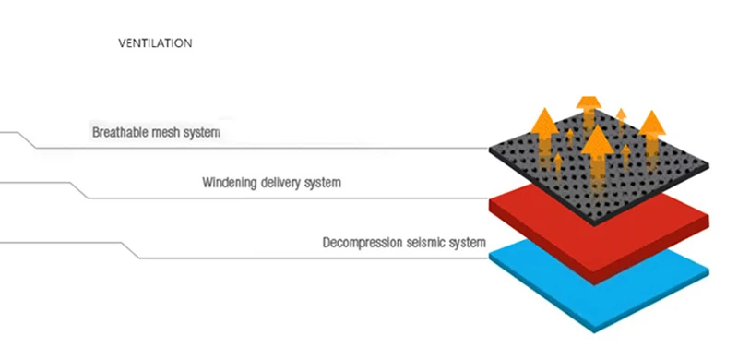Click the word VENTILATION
click(155, 43)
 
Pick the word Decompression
click(362, 243)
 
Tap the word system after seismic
click(468, 243)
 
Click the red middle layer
click(599, 235)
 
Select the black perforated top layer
click(599, 167)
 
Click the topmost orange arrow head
click(589, 102)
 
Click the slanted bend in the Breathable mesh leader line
click(27, 140)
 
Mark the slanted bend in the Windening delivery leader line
click(79, 190)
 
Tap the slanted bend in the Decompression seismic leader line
click(130, 250)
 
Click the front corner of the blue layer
click(594, 332)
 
